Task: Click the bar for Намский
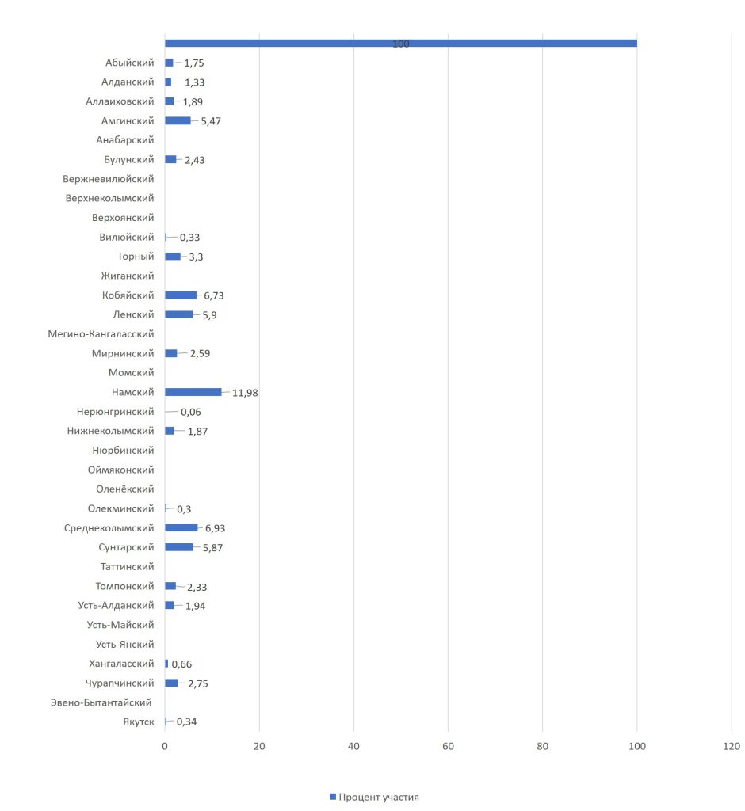coord(193,392)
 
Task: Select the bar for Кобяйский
coord(181,295)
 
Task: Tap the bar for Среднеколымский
coord(181,528)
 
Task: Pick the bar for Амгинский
coord(178,120)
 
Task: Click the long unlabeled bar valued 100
coord(400,43)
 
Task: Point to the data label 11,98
coord(245,393)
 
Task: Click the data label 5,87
coord(212,548)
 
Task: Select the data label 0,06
coord(191,413)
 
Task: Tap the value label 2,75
coord(198,683)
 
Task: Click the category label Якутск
coord(137,722)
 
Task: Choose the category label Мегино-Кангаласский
coord(101,334)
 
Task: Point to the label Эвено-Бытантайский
coord(101,702)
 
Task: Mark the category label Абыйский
coord(129,63)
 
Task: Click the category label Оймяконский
coord(121,470)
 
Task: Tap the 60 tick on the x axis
coord(448,746)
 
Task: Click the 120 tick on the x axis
coord(731,746)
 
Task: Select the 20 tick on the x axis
coord(259,746)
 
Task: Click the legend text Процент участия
coord(379,797)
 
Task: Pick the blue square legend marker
coord(333,797)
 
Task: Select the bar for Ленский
coord(178,314)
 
